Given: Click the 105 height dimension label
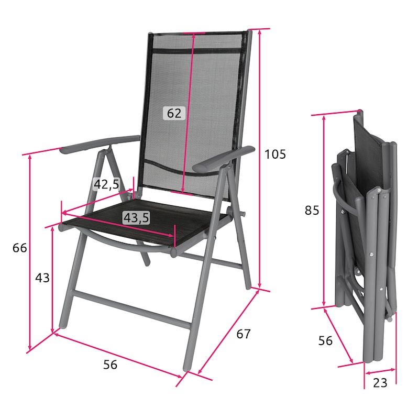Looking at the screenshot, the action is pyautogui.click(x=275, y=154).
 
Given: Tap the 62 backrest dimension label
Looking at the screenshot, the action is pyautogui.click(x=174, y=113).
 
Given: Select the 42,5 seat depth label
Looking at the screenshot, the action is pyautogui.click(x=106, y=184).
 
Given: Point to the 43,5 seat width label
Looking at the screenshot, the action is pyautogui.click(x=136, y=217).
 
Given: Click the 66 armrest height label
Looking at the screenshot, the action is pyautogui.click(x=20, y=248).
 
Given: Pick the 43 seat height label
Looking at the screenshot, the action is pyautogui.click(x=42, y=278).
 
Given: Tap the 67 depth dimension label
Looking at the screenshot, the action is pyautogui.click(x=244, y=334).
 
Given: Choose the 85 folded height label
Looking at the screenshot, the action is pyautogui.click(x=312, y=211).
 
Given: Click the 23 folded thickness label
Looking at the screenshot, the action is pyautogui.click(x=380, y=383).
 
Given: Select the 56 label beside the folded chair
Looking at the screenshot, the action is pyautogui.click(x=325, y=341).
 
